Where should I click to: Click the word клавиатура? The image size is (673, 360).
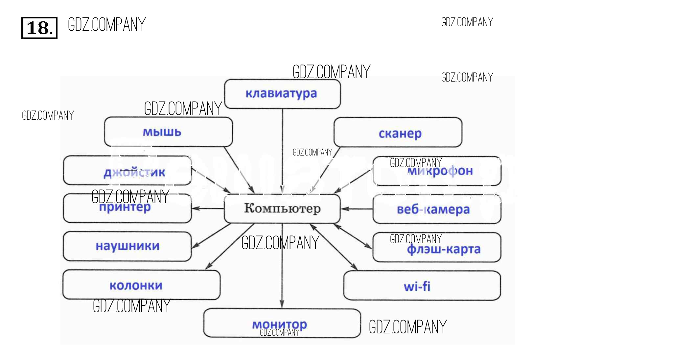point(281,94)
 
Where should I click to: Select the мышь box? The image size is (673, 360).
point(168,132)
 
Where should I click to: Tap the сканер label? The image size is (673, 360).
point(400,133)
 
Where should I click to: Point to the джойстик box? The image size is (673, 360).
point(128,171)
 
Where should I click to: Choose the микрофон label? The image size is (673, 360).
point(440,171)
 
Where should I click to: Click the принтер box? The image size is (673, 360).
point(127,208)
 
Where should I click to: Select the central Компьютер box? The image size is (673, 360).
point(282,208)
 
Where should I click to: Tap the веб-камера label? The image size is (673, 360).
point(433,209)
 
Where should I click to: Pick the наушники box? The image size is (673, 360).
point(127,246)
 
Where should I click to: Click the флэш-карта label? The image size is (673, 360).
point(443,249)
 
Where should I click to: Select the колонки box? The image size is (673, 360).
point(141,285)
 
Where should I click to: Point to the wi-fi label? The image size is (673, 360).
point(417,286)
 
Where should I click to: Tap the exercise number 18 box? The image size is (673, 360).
point(39,28)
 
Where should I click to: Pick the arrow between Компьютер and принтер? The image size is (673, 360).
point(208,208)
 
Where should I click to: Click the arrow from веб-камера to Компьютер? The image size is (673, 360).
point(357,209)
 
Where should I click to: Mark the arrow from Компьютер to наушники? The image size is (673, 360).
point(211,236)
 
